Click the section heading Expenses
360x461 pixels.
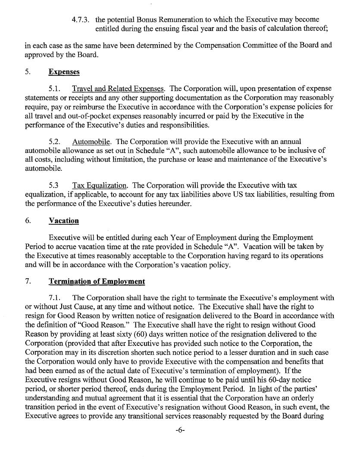point(64,72)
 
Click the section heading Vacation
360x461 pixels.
point(64,220)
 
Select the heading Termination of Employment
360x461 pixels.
point(97,282)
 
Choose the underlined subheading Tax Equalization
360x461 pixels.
point(100,185)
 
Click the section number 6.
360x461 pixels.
point(28,220)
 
